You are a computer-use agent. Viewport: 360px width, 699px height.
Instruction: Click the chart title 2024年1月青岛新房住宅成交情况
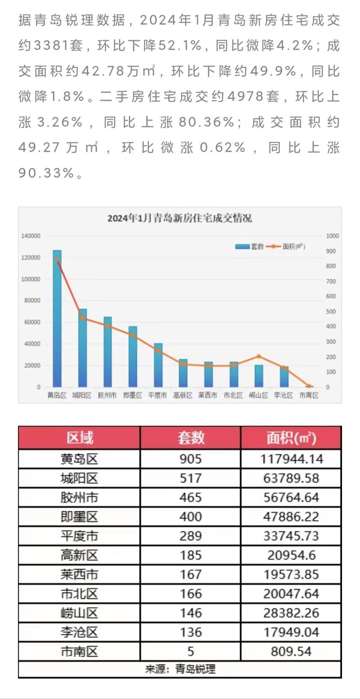pyautogui.click(x=180, y=218)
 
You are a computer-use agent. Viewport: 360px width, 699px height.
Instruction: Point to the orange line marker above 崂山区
pyautogui.click(x=259, y=356)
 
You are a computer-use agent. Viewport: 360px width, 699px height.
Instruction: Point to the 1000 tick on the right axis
pyautogui.click(x=333, y=236)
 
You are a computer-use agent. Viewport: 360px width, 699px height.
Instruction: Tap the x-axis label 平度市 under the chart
pyautogui.click(x=157, y=396)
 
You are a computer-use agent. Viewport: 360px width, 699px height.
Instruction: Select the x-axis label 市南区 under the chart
pyautogui.click(x=309, y=396)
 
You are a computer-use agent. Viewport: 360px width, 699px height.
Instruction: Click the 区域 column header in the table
pyautogui.click(x=80, y=437)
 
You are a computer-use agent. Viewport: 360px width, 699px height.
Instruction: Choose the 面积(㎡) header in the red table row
pyautogui.click(x=291, y=437)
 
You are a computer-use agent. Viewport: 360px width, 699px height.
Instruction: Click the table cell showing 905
pyautogui.click(x=190, y=459)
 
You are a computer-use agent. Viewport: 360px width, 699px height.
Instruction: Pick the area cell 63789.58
pyautogui.click(x=292, y=478)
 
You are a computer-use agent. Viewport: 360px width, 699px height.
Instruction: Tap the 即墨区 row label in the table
pyautogui.click(x=80, y=517)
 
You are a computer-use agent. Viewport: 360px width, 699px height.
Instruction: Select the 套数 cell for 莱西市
pyautogui.click(x=190, y=574)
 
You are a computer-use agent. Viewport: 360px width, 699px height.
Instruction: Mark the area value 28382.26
pyautogui.click(x=292, y=613)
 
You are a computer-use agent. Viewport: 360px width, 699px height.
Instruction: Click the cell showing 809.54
pyautogui.click(x=292, y=651)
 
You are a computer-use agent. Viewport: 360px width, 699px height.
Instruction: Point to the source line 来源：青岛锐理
pyautogui.click(x=180, y=669)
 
